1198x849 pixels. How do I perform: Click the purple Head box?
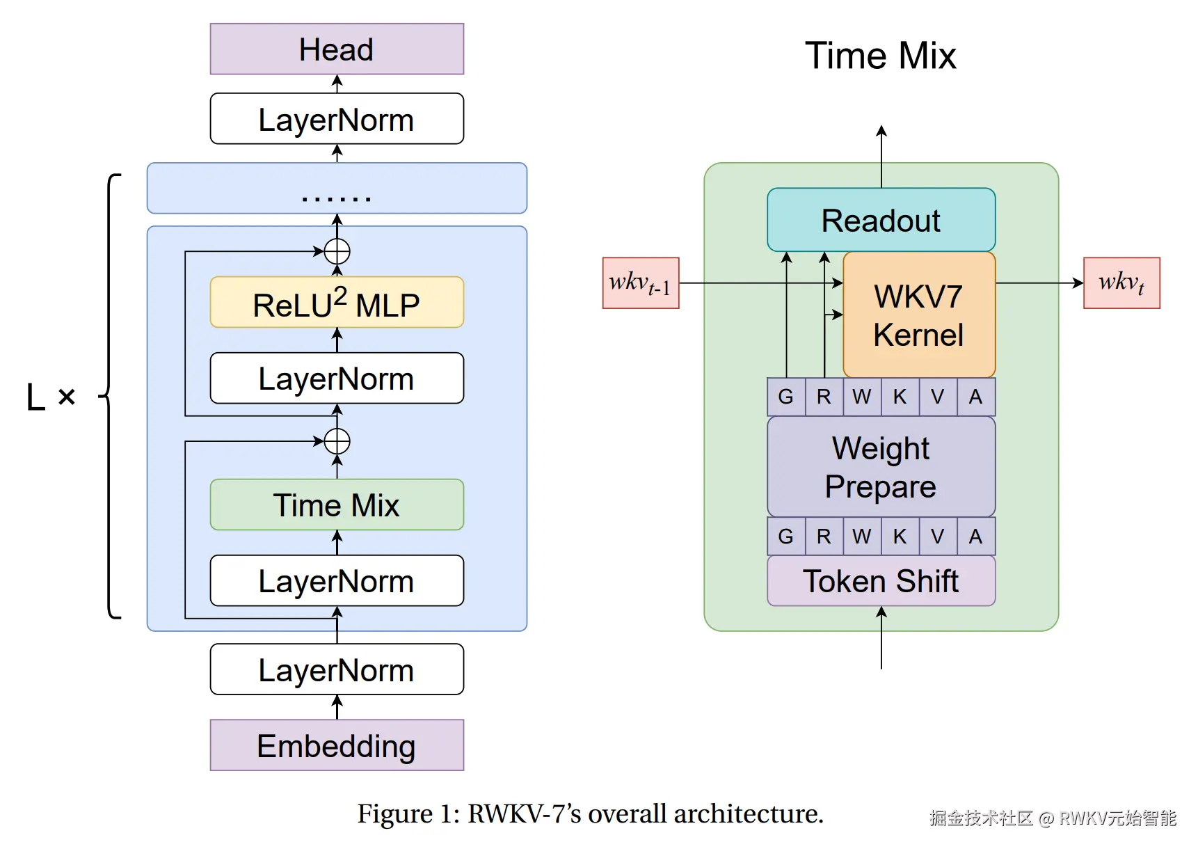[337, 49]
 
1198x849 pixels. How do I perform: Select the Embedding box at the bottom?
[337, 745]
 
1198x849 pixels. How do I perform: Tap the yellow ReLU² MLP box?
[337, 303]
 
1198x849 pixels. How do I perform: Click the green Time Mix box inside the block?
[337, 505]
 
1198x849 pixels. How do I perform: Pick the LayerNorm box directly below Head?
[337, 119]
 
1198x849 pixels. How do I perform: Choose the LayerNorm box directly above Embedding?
[337, 669]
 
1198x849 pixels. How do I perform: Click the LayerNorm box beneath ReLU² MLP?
[337, 379]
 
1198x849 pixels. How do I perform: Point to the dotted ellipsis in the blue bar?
[337, 198]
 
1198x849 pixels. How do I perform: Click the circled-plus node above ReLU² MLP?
[337, 251]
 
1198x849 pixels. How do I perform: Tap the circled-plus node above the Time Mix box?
[337, 441]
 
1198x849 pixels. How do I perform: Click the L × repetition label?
[50, 397]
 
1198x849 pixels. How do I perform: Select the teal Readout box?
[881, 221]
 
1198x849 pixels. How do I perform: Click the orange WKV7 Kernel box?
[918, 315]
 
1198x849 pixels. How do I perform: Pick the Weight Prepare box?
[881, 467]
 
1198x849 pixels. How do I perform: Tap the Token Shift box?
[881, 581]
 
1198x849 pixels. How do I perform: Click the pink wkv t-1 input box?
[641, 283]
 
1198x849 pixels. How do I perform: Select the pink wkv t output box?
[1121, 283]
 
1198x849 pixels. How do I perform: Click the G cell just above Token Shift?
[786, 537]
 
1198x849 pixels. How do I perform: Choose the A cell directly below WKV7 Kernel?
[975, 397]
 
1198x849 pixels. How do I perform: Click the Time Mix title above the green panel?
[881, 56]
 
